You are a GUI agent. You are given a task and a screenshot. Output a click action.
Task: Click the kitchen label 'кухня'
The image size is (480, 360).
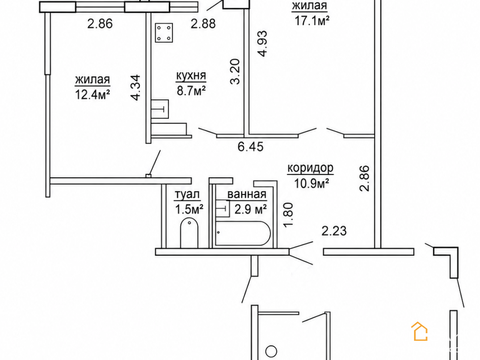coord(191,76)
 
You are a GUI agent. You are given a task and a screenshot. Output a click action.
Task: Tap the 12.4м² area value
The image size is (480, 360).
coord(92,95)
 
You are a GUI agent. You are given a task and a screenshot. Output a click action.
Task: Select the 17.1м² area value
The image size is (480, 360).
coord(312,20)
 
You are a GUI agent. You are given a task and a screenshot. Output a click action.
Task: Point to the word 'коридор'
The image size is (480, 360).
coord(310,168)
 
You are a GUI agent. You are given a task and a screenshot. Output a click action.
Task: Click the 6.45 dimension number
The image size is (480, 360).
coord(251,147)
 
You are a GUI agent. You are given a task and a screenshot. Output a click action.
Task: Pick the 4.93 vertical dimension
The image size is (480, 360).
coord(262,44)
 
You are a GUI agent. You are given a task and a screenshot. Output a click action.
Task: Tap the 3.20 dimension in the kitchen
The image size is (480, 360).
coord(235,72)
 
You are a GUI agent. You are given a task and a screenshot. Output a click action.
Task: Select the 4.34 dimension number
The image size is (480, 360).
coord(135,88)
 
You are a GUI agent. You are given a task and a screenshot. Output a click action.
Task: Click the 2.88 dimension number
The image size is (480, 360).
coord(203,24)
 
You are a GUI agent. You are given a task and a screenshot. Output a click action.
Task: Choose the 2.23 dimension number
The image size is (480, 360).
coord(334,231)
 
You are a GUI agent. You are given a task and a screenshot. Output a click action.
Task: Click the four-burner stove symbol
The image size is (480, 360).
coord(164,33)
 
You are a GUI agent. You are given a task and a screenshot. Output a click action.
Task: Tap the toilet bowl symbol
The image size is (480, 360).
coord(189,232)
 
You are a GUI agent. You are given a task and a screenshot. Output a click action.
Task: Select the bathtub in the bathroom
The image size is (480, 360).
coord(243,233)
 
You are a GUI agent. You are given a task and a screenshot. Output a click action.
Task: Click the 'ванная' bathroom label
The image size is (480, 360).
coord(247,194)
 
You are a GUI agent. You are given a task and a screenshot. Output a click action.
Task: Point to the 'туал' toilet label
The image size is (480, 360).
coord(187,194)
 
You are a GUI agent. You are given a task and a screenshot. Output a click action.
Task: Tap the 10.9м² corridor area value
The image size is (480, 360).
coord(312,183)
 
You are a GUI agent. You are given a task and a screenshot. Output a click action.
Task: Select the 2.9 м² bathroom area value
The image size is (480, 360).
coord(250,209)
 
